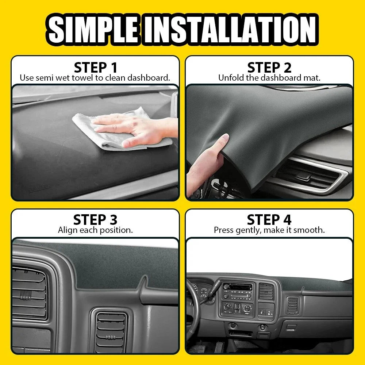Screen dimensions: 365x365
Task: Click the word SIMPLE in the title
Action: tap(93, 29)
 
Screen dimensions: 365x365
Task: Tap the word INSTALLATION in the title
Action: tap(230, 29)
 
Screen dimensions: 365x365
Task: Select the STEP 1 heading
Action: tap(95, 68)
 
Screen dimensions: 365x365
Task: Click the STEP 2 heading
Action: tap(269, 68)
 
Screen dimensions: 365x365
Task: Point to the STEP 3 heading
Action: tap(95, 220)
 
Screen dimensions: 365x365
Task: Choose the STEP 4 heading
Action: tap(269, 220)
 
